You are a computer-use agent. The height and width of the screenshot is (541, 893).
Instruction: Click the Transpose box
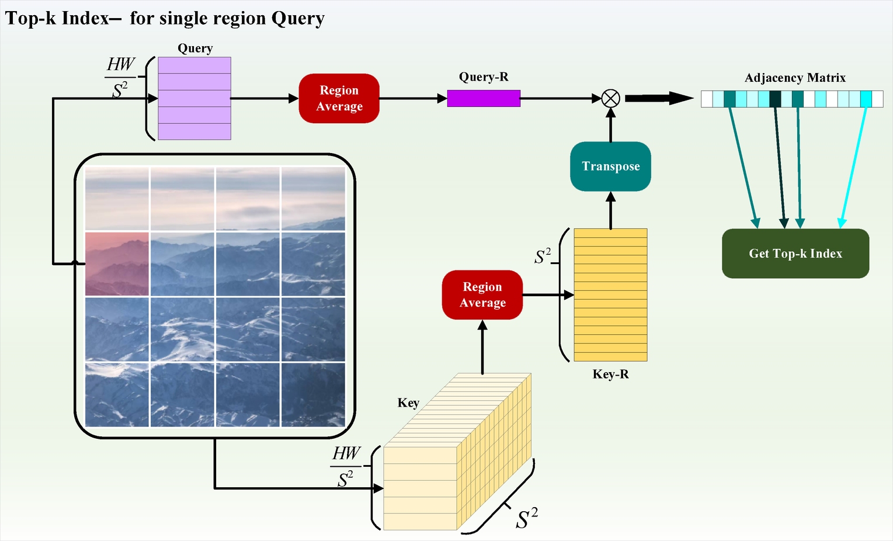click(610, 167)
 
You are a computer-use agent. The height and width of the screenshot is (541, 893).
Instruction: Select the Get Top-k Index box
click(795, 254)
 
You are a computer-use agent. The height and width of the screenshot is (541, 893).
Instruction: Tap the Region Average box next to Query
click(339, 98)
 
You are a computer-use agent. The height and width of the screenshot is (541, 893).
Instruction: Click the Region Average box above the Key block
click(482, 294)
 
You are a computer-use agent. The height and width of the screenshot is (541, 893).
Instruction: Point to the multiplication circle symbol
click(610, 98)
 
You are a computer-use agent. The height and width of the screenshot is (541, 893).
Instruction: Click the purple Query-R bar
click(484, 98)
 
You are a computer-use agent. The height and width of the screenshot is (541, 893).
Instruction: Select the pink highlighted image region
click(117, 263)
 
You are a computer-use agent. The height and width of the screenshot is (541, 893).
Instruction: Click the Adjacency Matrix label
click(795, 78)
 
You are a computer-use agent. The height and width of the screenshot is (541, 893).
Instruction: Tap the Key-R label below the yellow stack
click(610, 374)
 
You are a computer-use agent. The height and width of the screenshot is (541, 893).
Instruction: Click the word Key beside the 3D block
click(408, 403)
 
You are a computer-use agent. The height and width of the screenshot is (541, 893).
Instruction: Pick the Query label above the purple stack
click(195, 48)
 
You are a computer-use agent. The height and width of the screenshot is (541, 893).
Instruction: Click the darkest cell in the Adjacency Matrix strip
click(775, 99)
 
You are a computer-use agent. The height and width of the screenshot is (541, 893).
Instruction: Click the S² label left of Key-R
click(543, 256)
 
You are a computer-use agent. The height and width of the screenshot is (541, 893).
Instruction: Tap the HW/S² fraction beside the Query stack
click(120, 77)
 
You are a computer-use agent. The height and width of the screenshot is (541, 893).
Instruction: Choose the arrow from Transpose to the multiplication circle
click(610, 125)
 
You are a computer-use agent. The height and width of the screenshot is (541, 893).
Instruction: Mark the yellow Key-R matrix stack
click(610, 294)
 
